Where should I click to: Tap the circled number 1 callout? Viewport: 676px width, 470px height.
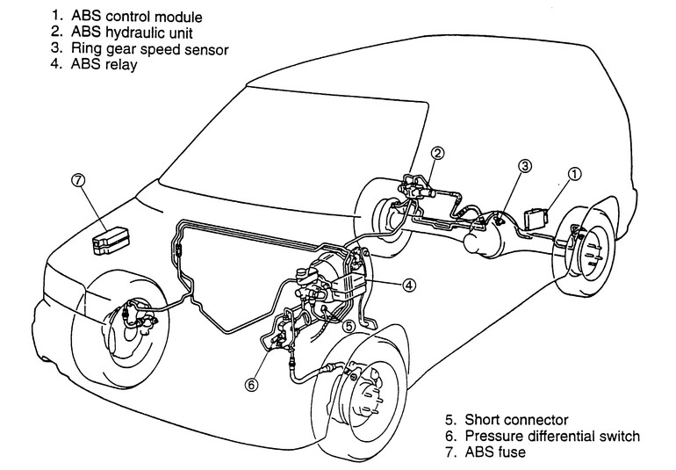click(x=574, y=174)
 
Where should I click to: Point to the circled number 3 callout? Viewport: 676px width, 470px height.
click(x=524, y=165)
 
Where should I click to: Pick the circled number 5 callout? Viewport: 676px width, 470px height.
click(x=349, y=325)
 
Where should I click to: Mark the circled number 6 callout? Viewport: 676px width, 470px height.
click(x=252, y=383)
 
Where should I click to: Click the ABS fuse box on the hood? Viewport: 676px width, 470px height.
click(x=111, y=238)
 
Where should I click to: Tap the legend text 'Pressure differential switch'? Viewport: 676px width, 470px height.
click(x=552, y=437)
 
